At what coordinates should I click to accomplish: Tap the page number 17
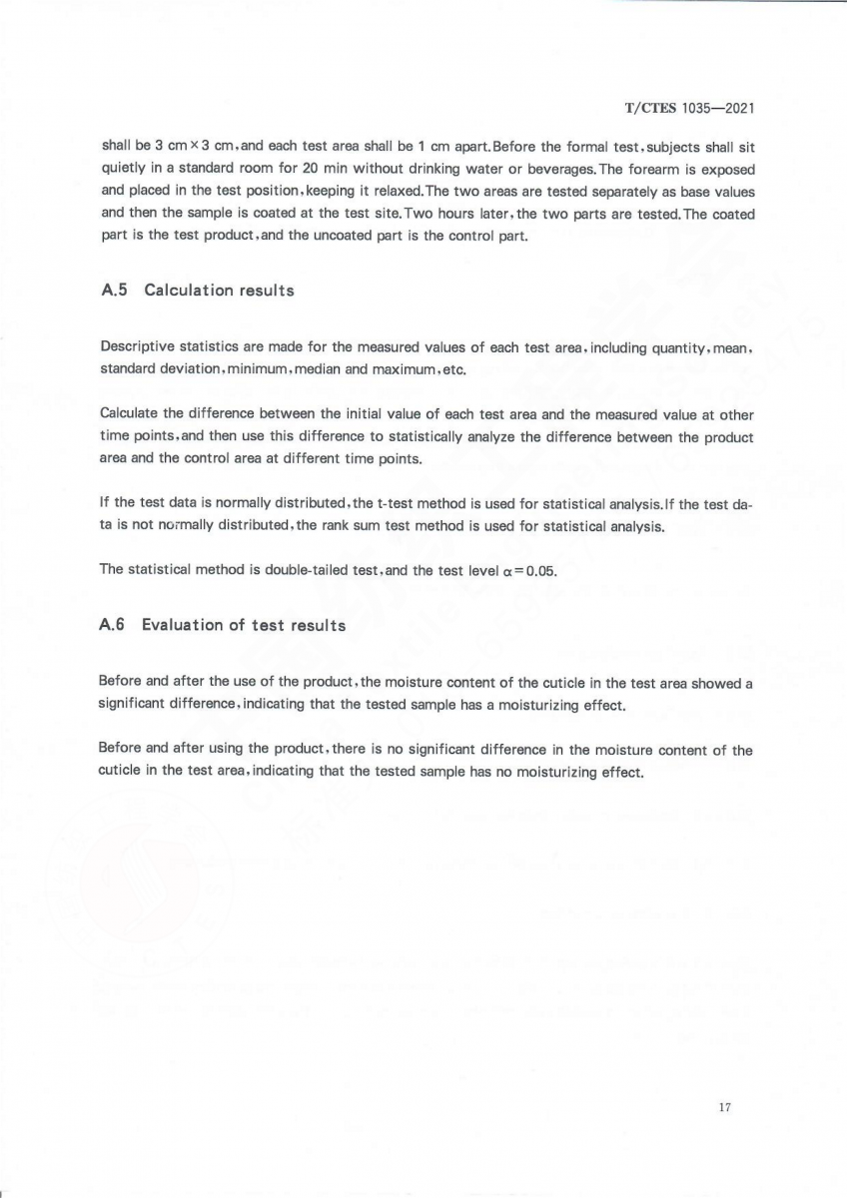pyautogui.click(x=725, y=1107)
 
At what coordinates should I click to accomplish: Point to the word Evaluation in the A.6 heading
pyautogui.click(x=182, y=625)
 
